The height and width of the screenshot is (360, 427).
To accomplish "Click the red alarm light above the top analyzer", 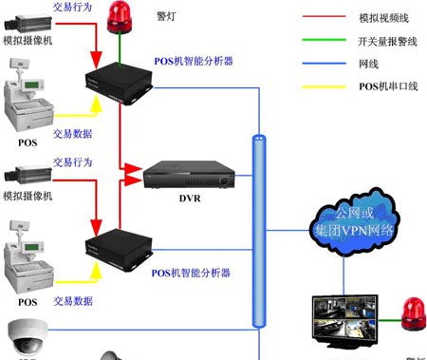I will tap(120, 15).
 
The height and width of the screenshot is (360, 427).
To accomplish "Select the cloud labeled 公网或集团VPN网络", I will tap(349, 222).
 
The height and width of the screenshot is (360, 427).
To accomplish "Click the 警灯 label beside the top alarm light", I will tap(164, 17).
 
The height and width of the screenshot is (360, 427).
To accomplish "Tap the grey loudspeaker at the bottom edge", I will tap(113, 353).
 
